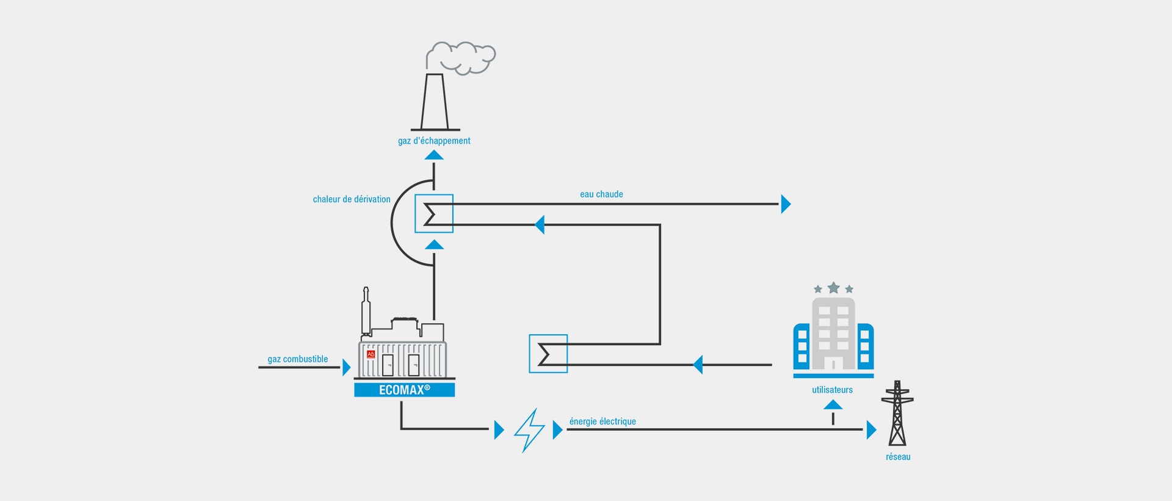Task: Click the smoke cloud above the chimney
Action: click(x=463, y=58)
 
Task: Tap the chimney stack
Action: click(x=435, y=102)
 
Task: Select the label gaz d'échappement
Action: click(x=434, y=141)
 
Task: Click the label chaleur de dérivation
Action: click(x=352, y=199)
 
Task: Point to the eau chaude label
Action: click(x=601, y=194)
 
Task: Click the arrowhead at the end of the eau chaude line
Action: click(x=786, y=204)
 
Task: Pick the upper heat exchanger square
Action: click(x=434, y=213)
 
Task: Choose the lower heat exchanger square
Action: click(x=548, y=354)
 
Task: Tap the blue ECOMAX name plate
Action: click(x=405, y=390)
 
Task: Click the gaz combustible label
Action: click(x=298, y=359)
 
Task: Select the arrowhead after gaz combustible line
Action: click(x=347, y=367)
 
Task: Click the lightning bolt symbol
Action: click(x=529, y=430)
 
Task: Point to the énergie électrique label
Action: click(x=602, y=422)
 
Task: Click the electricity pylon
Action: click(x=897, y=413)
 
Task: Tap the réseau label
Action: click(x=898, y=457)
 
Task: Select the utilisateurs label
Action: click(x=833, y=390)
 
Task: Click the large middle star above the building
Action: click(x=833, y=288)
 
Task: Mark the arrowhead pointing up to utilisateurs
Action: click(x=833, y=404)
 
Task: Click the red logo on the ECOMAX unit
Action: click(x=371, y=354)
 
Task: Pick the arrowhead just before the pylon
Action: click(x=872, y=430)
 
